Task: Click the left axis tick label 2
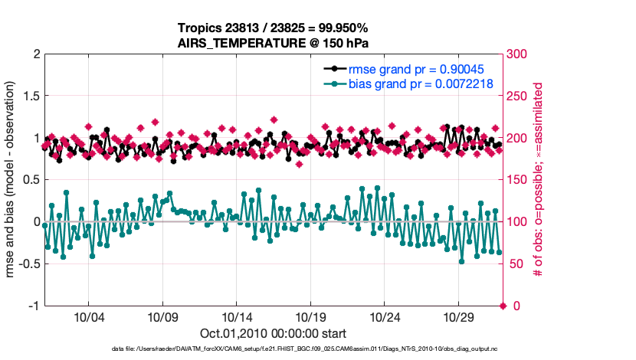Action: pos(35,54)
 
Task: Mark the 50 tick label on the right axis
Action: pos(516,264)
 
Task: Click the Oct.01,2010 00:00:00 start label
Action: pos(274,333)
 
